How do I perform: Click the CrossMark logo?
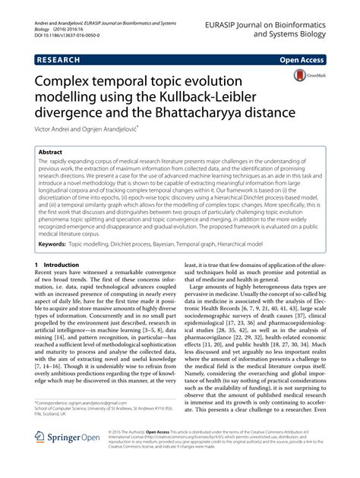pyautogui.click(x=303, y=76)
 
